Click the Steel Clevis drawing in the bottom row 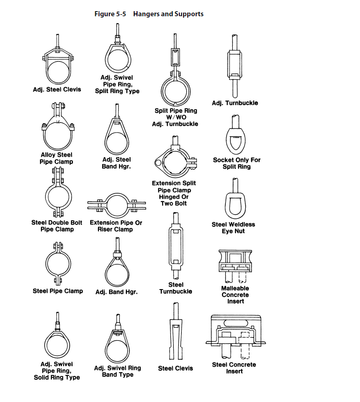click(175, 335)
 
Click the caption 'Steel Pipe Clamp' click(58, 291)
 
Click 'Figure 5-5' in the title click(111, 14)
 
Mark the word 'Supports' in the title click(188, 14)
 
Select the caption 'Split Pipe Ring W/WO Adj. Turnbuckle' click(176, 117)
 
